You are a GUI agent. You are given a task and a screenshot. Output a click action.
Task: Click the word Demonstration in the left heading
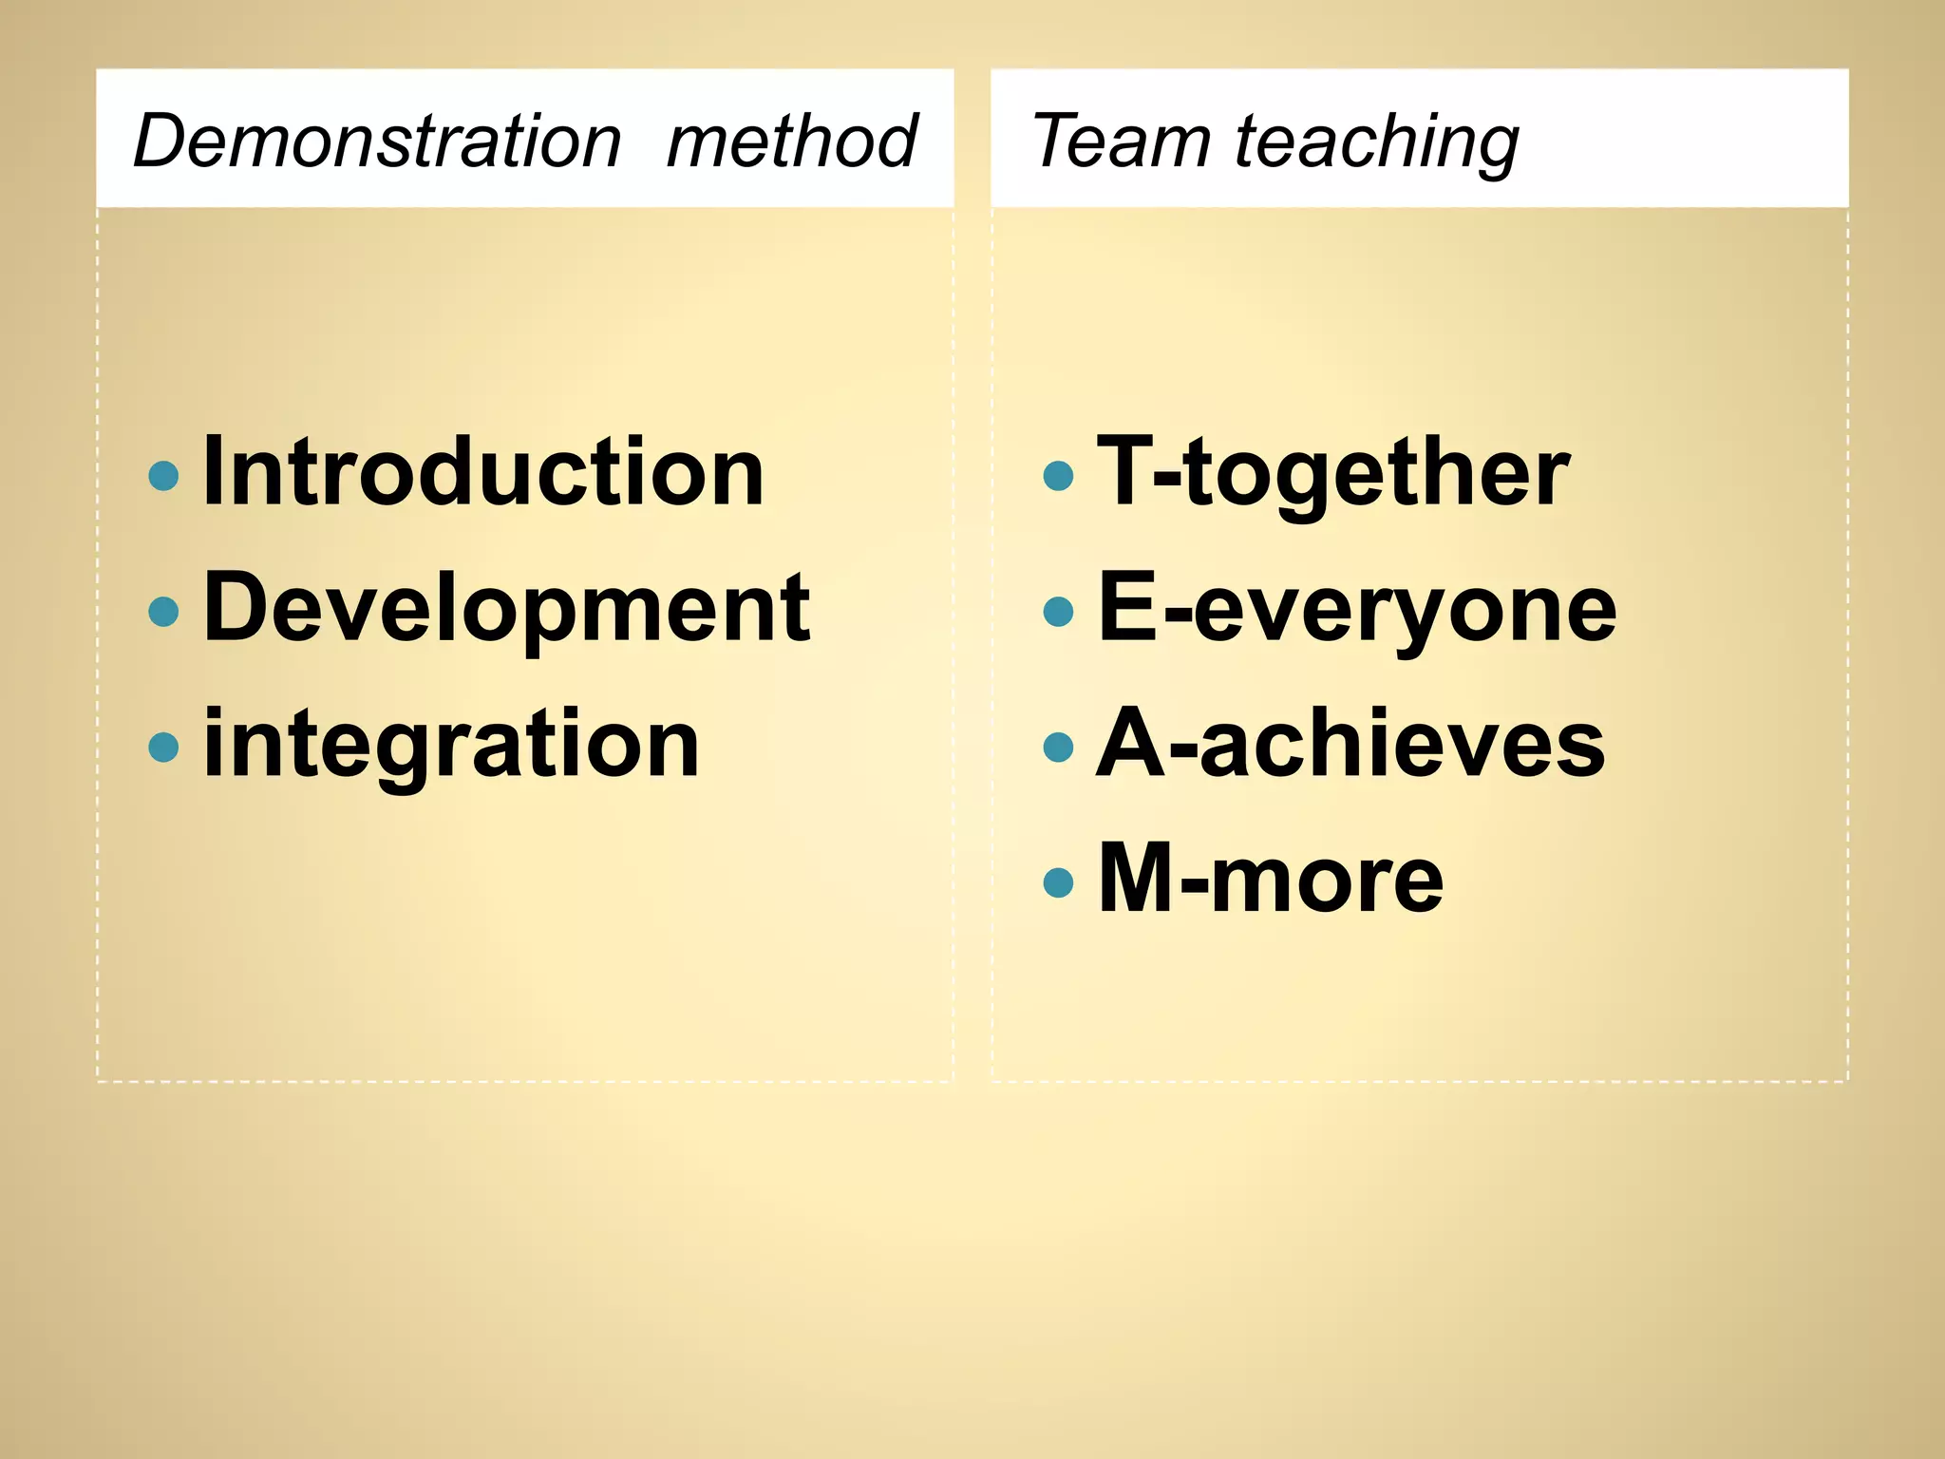click(x=377, y=141)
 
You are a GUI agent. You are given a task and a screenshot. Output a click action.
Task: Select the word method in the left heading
click(x=791, y=141)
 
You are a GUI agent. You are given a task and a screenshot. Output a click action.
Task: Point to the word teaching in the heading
click(x=1376, y=142)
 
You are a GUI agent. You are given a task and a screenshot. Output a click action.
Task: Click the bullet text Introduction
click(x=483, y=471)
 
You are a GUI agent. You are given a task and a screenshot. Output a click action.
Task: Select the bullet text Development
click(x=506, y=607)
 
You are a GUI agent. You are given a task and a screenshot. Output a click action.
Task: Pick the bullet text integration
click(x=451, y=745)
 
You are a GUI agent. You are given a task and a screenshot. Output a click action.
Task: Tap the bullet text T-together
click(x=1333, y=472)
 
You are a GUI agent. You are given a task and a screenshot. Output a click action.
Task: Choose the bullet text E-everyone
click(x=1357, y=609)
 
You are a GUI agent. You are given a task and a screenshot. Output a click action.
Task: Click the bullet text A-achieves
click(x=1350, y=744)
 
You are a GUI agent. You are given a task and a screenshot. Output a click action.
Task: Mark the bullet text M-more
click(x=1270, y=879)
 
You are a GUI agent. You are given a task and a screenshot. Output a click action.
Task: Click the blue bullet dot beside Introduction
click(x=164, y=475)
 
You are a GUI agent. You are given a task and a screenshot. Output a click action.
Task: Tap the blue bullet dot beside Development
click(x=164, y=611)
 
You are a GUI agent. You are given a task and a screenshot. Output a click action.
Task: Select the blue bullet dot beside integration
click(x=164, y=747)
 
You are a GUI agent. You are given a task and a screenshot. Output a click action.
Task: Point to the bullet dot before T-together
click(x=1058, y=475)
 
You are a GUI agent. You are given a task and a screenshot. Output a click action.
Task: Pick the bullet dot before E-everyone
click(x=1058, y=611)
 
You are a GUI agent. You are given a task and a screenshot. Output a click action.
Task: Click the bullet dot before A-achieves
click(x=1058, y=747)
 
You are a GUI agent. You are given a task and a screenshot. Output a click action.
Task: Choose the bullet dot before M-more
click(x=1058, y=882)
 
